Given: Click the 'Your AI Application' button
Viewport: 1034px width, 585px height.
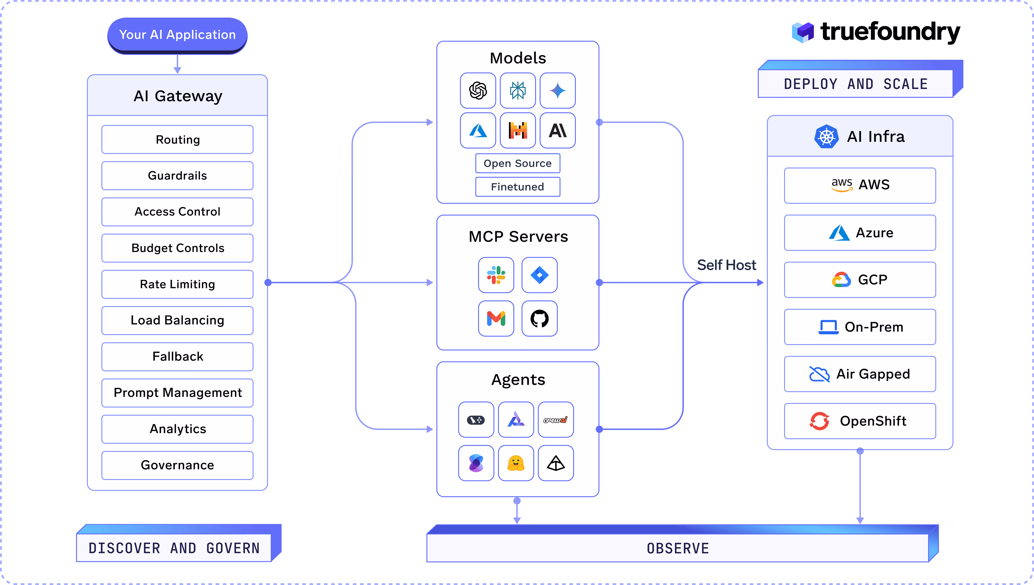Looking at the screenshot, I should coord(177,35).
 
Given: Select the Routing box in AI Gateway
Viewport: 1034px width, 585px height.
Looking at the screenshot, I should coord(177,139).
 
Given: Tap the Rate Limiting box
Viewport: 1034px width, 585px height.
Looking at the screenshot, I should coord(177,284).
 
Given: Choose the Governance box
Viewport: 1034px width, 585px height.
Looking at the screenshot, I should coord(177,465).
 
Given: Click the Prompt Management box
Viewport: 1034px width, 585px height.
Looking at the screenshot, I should coord(177,393).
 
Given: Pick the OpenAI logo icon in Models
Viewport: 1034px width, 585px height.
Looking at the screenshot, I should coord(478,90).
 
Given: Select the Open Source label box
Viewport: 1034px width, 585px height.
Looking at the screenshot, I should coord(517,163).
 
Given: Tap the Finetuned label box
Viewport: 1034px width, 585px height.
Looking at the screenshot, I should coord(517,187).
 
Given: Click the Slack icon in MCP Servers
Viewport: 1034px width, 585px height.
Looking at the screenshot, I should coord(496,275).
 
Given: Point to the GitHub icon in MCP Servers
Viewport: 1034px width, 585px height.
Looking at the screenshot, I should coord(539,319).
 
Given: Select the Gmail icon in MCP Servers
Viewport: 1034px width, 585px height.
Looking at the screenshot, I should coord(496,319).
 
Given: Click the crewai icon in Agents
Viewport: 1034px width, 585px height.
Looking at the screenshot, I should coord(555,420).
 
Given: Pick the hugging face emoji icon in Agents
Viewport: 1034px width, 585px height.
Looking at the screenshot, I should coord(516,463).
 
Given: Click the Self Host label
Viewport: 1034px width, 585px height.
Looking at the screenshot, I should coord(726,265).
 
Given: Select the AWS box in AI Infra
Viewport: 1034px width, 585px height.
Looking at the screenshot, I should coord(860,185).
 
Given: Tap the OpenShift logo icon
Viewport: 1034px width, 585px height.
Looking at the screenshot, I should coord(819,421).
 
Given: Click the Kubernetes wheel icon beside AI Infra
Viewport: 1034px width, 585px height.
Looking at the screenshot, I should coord(826,137).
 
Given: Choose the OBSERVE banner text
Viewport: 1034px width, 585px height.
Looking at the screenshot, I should coord(678,548).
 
